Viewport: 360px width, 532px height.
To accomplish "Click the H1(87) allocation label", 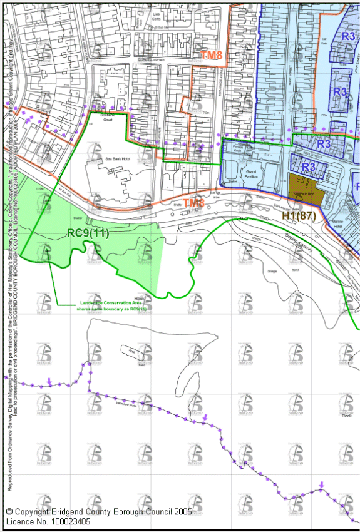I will click(297, 216).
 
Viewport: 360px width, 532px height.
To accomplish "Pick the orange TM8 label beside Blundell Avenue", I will click(212, 56).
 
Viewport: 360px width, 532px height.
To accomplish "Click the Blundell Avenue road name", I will click(152, 61).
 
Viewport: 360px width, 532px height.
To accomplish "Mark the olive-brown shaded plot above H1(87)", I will click(302, 188).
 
